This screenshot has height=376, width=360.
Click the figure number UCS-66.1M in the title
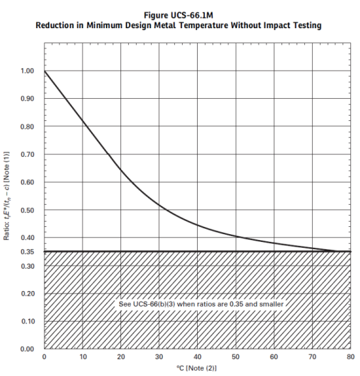point(192,15)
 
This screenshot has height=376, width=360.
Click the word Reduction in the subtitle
point(55,26)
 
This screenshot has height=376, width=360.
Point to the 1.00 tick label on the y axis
point(27,71)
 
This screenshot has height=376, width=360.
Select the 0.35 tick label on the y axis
point(27,252)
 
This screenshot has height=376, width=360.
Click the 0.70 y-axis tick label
point(27,154)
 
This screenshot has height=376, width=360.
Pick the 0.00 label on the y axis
point(27,349)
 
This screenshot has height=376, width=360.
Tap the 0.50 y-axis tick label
point(27,210)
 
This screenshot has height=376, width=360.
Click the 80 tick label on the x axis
point(350,357)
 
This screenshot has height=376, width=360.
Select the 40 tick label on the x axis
point(197,357)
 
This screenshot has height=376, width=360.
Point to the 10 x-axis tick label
point(82,357)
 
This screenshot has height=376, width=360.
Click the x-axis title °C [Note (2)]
point(196,368)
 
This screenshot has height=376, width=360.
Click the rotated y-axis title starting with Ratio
point(7,196)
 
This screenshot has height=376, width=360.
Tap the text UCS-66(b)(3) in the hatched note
point(154,304)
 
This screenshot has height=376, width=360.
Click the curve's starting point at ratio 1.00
point(45,71)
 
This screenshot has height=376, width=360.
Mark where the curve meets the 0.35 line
point(337,252)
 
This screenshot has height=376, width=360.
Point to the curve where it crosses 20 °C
point(120,171)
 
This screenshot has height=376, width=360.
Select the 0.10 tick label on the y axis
point(27,321)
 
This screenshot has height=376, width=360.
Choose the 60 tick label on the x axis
point(274,357)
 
